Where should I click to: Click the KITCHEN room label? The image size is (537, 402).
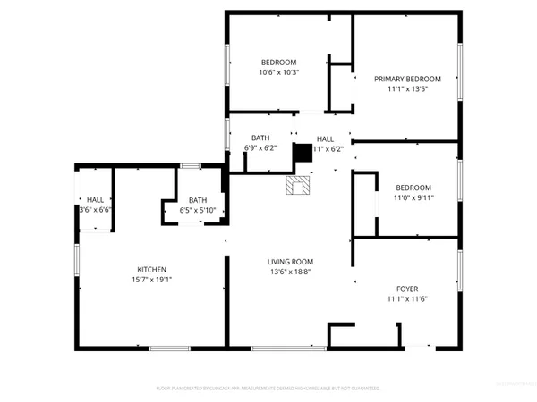(x=151, y=269)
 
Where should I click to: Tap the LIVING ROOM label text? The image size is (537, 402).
(x=290, y=261)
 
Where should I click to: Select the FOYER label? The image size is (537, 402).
(x=408, y=289)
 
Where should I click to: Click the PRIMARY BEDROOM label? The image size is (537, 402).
(x=408, y=79)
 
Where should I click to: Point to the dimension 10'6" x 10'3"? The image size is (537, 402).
(x=278, y=72)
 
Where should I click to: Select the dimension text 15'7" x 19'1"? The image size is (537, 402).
(x=151, y=280)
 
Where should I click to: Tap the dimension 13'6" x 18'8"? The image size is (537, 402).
(x=290, y=272)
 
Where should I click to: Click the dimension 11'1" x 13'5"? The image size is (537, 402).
(x=408, y=89)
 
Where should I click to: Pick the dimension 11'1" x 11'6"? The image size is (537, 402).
(x=408, y=299)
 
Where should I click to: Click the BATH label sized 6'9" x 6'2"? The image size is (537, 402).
(x=260, y=138)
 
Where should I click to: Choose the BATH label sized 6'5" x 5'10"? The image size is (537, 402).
(x=198, y=200)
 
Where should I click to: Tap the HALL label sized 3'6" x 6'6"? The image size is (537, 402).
(x=95, y=199)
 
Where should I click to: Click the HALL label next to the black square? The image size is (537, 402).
(x=325, y=138)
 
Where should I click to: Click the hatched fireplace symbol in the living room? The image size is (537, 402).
(x=297, y=185)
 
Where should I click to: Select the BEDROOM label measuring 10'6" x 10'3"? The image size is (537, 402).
(x=278, y=62)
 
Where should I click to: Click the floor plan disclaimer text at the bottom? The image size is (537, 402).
(x=268, y=389)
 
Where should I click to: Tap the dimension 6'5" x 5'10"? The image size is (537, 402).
(x=198, y=210)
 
